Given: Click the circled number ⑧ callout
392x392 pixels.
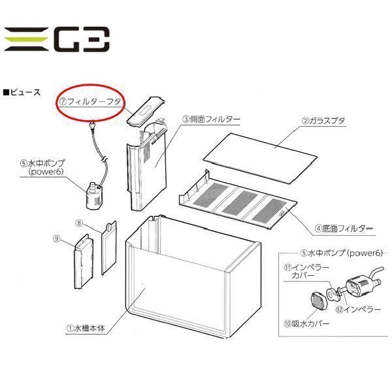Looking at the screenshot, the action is click(80, 223).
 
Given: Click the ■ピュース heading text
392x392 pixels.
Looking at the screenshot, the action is click(22, 92).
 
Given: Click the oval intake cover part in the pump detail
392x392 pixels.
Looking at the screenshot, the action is click(318, 301).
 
